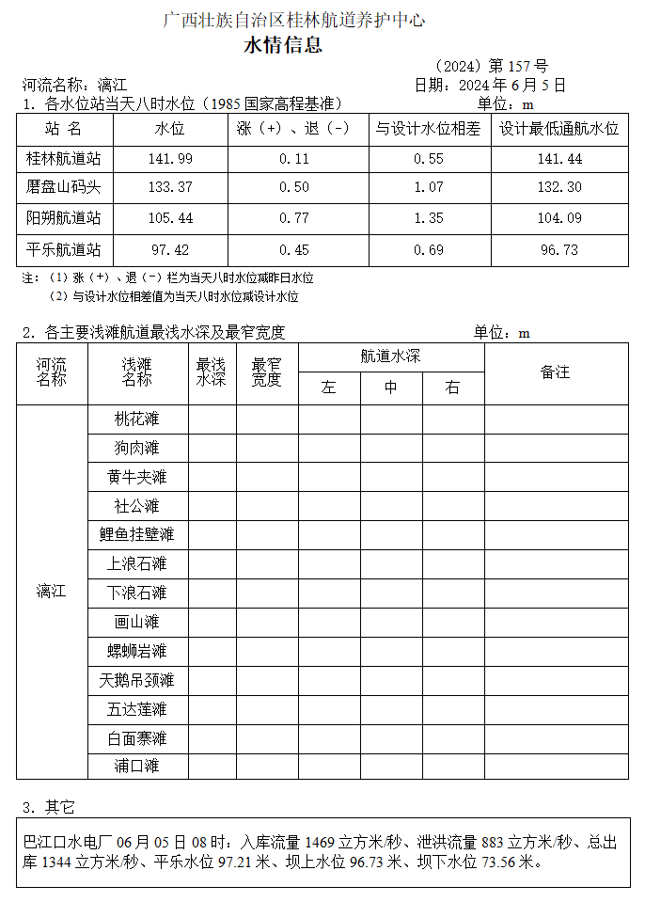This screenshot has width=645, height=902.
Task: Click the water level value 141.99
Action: [170, 159]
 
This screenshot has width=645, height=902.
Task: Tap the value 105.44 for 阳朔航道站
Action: [170, 219]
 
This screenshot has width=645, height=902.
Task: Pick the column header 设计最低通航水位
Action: [558, 130]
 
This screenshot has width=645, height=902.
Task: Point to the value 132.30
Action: [559, 188]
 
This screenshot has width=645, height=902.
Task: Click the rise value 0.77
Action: [294, 219]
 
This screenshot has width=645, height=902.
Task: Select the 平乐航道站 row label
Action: [64, 250]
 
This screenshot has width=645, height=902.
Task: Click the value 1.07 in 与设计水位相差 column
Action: [429, 188]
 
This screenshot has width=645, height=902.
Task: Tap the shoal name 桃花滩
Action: [137, 419]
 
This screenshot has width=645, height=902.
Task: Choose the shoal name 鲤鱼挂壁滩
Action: [137, 535]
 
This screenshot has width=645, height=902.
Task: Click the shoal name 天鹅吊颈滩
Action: [137, 680]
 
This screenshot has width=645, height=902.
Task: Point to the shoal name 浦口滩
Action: [137, 766]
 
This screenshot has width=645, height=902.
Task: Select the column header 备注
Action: [556, 372]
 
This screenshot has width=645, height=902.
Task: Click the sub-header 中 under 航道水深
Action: [391, 388]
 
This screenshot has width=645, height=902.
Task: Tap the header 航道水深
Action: [391, 357]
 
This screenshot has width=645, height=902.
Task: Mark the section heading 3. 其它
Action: [48, 808]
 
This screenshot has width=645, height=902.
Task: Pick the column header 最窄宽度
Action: [267, 372]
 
